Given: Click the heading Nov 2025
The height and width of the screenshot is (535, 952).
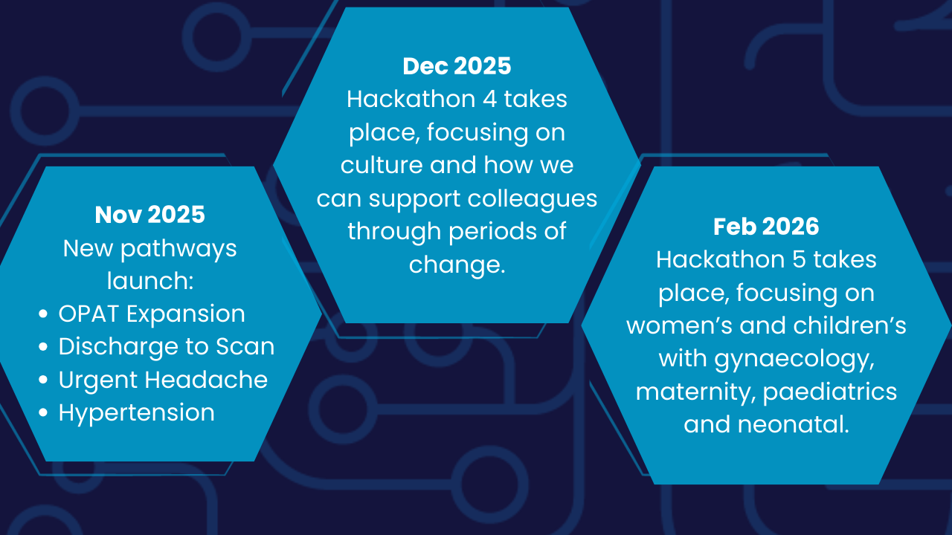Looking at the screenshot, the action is (149, 215).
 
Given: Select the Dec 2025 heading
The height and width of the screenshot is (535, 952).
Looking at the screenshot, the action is (457, 66).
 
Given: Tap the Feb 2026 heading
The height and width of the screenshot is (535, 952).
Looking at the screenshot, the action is (766, 227).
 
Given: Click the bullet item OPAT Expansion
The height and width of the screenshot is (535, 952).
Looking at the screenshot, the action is (152, 314).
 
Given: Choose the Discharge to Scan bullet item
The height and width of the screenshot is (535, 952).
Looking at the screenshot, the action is (167, 346).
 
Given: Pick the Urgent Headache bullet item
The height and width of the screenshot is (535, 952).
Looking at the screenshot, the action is (163, 379).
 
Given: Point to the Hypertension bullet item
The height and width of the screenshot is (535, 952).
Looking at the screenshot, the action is (136, 412).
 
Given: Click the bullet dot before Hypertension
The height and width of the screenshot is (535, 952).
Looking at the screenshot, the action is (43, 412).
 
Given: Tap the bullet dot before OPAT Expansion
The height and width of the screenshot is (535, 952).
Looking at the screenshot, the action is (43, 314).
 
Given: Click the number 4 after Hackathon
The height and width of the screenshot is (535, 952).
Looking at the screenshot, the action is (489, 100).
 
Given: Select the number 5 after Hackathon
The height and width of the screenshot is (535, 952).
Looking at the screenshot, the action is (799, 259).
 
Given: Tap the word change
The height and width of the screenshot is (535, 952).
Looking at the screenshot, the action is (457, 265).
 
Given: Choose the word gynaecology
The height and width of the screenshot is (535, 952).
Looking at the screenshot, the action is (794, 359).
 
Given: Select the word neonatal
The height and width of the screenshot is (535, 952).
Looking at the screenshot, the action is (793, 424).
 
